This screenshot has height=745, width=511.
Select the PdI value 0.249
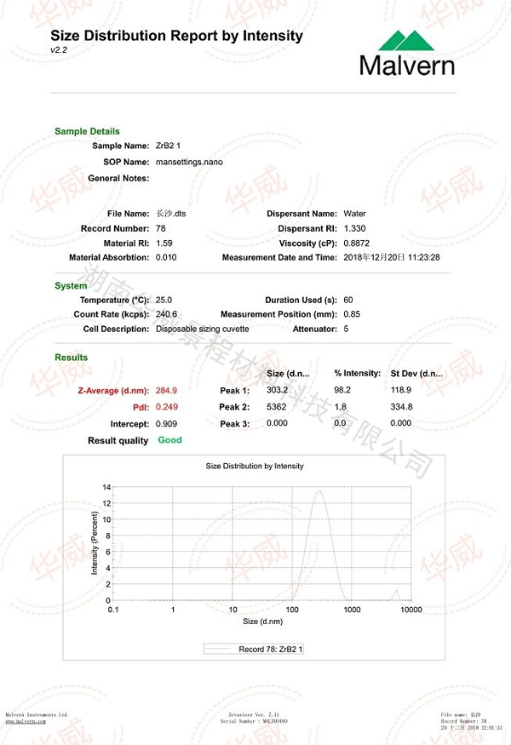[167, 407]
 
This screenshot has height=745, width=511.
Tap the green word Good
[169, 440]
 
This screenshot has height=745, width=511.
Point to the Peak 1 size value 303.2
[278, 390]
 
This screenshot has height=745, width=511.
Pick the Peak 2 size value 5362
[277, 407]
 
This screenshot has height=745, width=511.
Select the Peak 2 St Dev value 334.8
[401, 407]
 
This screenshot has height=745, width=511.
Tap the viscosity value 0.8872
[357, 243]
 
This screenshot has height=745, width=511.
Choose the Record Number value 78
[161, 228]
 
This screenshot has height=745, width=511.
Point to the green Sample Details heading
[87, 131]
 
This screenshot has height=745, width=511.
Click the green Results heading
[71, 358]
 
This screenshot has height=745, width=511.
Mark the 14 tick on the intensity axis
[106, 487]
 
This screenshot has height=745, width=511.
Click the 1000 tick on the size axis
[352, 610]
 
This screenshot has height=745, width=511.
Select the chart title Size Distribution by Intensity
[255, 466]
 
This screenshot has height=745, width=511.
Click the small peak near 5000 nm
[396, 593]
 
